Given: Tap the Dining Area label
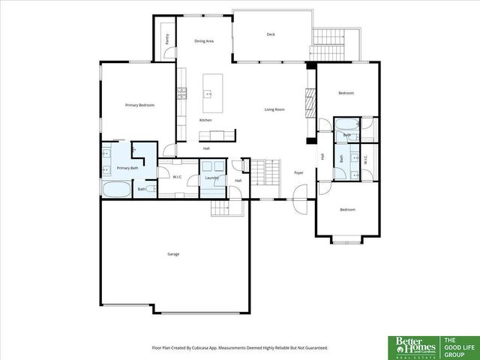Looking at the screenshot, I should click(205, 40).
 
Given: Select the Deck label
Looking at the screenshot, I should click(271, 34).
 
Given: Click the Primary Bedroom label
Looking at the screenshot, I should click(139, 105).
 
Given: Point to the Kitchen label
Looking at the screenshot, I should click(205, 120).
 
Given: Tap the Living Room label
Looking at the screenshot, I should click(274, 109).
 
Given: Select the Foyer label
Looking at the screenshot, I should click(298, 172).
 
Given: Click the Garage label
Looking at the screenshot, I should click(173, 254).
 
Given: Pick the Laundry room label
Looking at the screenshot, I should click(211, 177).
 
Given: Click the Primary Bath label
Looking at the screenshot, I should click(127, 168).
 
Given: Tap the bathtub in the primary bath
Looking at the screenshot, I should click(116, 189).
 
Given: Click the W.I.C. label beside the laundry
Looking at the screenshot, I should click(178, 177).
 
